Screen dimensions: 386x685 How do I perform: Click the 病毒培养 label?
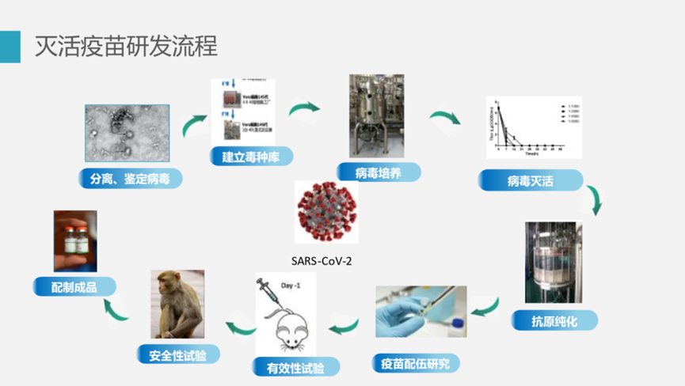[x=378, y=172]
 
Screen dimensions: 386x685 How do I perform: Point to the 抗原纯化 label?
[x=554, y=320]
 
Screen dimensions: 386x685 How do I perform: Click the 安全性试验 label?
[x=177, y=354]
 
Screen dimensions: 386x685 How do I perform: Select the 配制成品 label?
[x=74, y=286]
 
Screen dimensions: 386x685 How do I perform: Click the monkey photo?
[x=177, y=305]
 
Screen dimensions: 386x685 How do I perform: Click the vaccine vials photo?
[x=75, y=241]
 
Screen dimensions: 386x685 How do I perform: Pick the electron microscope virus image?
[x=127, y=133]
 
